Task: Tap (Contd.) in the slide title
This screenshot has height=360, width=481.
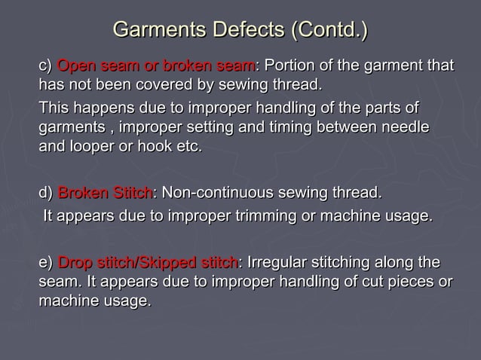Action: [x=329, y=31]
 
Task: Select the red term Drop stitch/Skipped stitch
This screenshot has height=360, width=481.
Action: [x=147, y=264]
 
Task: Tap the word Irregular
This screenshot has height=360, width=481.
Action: [x=280, y=264]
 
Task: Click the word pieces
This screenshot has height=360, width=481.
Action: [x=406, y=282]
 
